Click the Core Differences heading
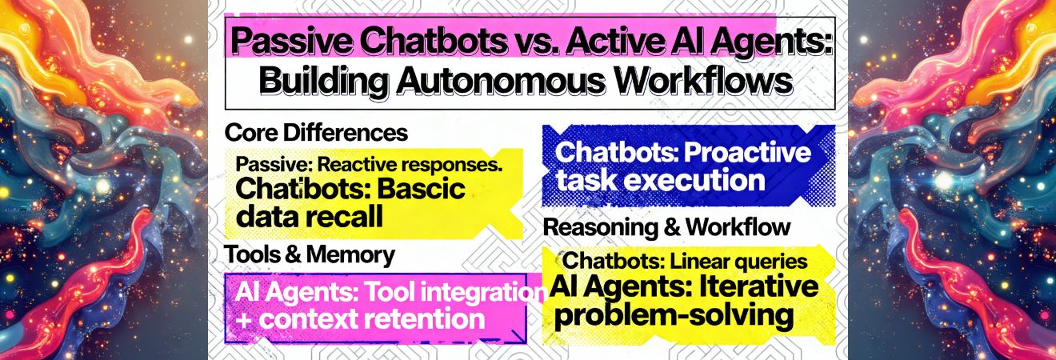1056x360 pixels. pos(317,131)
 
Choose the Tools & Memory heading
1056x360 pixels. pos(310,255)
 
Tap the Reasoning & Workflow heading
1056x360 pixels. pos(666,227)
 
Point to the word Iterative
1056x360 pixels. pos(752,286)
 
